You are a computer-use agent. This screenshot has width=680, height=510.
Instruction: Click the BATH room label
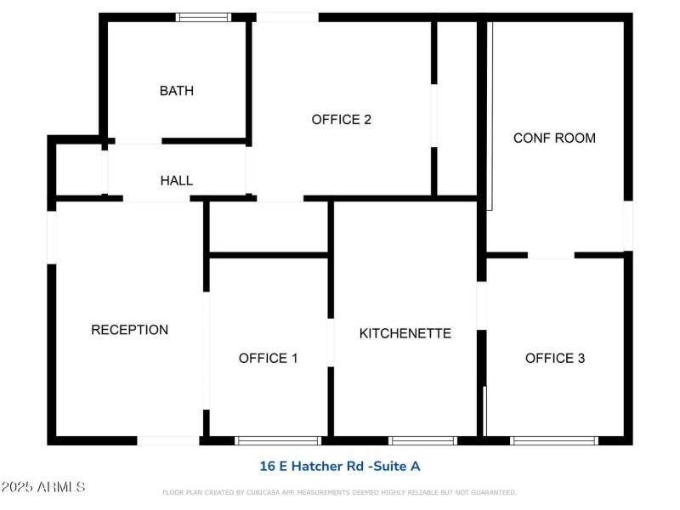click(x=177, y=91)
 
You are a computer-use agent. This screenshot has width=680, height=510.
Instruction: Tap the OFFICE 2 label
click(x=342, y=120)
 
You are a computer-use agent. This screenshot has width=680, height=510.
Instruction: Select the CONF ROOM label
click(x=554, y=138)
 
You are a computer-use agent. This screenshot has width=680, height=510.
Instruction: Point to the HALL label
click(x=177, y=180)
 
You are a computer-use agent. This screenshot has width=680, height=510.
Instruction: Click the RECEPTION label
click(x=129, y=330)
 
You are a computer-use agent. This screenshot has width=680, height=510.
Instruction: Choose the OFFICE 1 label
click(x=268, y=358)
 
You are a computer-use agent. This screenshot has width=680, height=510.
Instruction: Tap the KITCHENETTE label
click(x=405, y=333)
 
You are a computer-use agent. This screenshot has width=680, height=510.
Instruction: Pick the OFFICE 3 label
click(x=555, y=358)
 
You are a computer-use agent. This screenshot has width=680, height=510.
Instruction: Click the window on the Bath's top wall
click(x=203, y=16)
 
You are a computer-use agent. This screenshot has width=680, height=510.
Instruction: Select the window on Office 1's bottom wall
click(x=278, y=440)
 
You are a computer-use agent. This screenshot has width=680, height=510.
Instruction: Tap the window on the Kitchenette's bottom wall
click(x=422, y=440)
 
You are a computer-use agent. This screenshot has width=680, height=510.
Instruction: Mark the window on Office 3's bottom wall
click(x=554, y=440)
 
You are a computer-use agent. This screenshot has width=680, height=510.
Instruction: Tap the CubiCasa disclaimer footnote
click(x=339, y=492)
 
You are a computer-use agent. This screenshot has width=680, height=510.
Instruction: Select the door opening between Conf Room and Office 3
click(x=551, y=254)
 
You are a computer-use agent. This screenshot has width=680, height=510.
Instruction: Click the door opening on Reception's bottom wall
click(x=168, y=440)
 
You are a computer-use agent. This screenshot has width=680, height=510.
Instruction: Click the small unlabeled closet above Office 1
click(x=268, y=226)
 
